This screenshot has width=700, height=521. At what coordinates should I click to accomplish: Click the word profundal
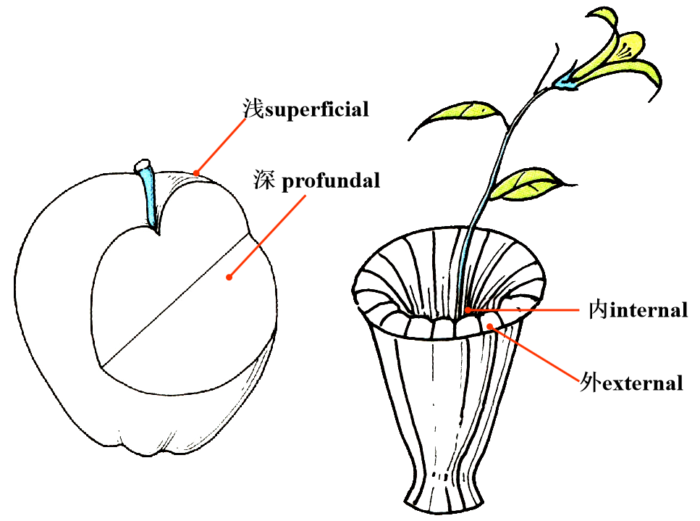pyautogui.click(x=330, y=180)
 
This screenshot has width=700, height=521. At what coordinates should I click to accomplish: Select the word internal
pyautogui.click(x=646, y=311)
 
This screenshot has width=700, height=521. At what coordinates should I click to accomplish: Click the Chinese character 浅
pyautogui.click(x=251, y=109)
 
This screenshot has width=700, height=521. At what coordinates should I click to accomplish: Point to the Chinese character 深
pyautogui.click(x=263, y=180)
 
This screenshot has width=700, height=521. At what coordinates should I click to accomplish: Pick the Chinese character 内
pyautogui.click(x=597, y=311)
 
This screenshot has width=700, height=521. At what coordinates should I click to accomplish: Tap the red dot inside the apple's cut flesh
pyautogui.click(x=229, y=276)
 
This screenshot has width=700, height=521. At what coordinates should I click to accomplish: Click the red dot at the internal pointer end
pyautogui.click(x=468, y=310)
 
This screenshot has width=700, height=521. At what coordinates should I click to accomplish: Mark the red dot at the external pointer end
pyautogui.click(x=491, y=327)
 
